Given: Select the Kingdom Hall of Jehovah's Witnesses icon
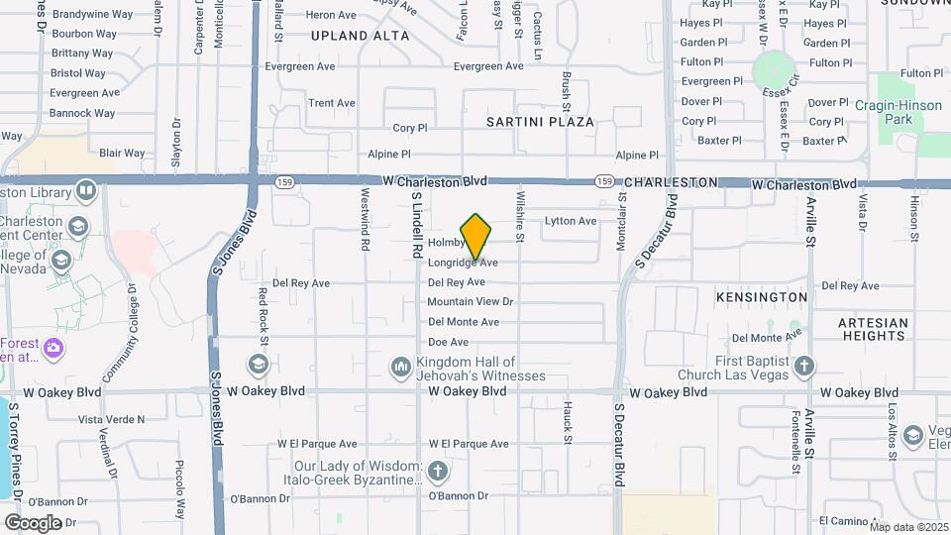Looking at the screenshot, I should click(401, 369).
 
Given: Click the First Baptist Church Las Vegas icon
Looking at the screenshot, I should click(804, 368).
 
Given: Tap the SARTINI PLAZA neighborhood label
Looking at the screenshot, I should click(540, 122).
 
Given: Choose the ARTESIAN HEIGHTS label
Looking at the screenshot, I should click(872, 329).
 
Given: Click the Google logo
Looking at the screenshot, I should click(33, 523).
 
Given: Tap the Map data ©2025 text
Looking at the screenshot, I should click(908, 527).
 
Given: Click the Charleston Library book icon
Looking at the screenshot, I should click(86, 189).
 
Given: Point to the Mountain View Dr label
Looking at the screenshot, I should click(470, 302).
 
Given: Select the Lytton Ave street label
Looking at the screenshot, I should click(571, 221).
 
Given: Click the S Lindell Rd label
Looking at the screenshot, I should click(417, 225).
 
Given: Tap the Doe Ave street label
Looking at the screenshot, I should click(448, 342).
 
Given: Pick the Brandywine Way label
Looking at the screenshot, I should click(92, 15).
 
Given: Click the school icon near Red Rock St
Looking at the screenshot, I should click(259, 365).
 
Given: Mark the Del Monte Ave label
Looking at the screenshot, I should click(463, 322).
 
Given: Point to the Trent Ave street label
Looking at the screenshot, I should click(331, 103).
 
